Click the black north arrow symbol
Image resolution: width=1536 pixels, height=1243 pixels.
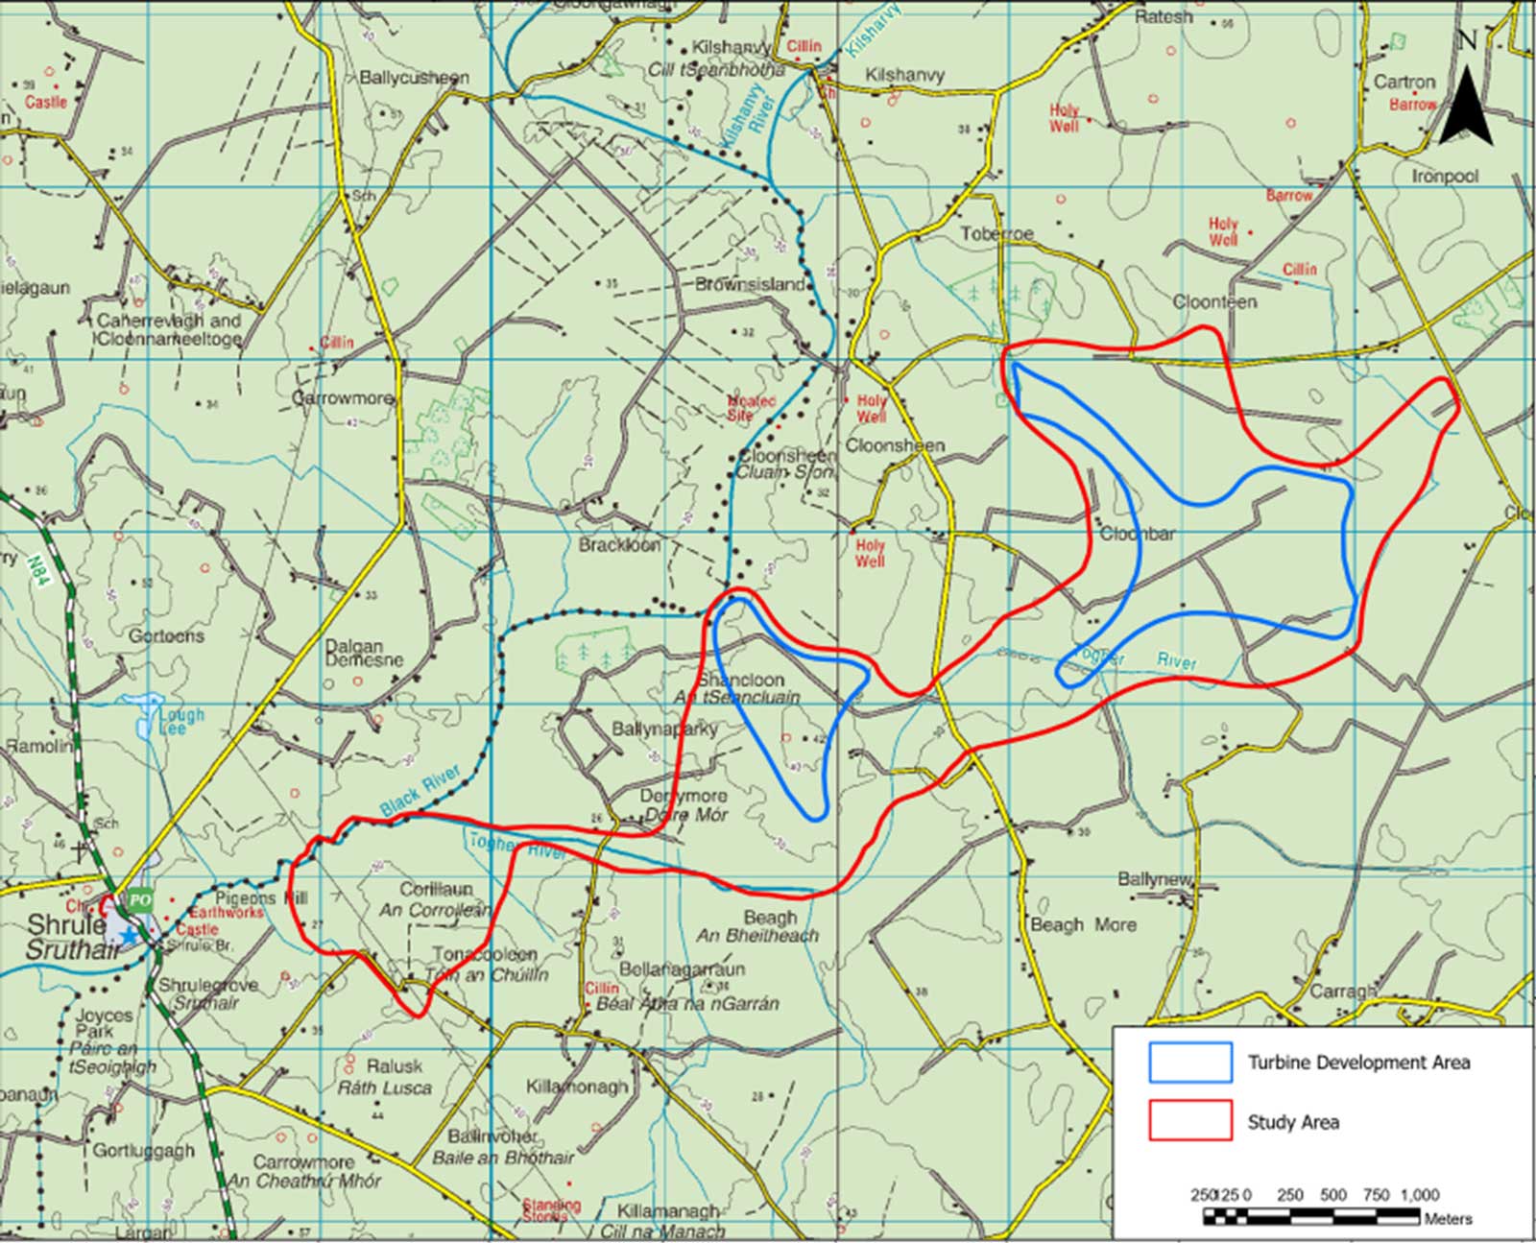coord(1466,108)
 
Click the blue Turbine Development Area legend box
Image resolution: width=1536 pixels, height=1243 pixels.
coord(1190,1062)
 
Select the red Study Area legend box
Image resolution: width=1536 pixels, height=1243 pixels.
coord(1190,1120)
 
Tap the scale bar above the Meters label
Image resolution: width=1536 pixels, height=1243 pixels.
coord(1311,1216)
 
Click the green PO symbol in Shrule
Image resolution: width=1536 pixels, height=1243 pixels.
coord(140,900)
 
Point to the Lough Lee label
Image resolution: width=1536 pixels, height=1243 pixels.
coord(180,721)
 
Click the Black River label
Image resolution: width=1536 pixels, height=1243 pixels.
coord(420,790)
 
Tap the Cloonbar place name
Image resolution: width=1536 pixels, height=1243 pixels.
coord(1138,534)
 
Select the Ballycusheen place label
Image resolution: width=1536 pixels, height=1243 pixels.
coord(414,78)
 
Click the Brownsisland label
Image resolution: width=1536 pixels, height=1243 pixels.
coord(750,284)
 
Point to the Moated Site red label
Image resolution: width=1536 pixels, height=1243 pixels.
coord(750,408)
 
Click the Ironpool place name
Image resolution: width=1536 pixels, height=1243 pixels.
coord(1445,177)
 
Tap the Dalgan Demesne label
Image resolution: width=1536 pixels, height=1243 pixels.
coord(363,653)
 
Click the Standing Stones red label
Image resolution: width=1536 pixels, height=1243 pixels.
coord(551,1209)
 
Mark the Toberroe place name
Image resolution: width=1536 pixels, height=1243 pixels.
coord(997,234)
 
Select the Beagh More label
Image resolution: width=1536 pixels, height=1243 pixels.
coord(1083,924)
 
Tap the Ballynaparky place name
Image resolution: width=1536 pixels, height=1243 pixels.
coord(664,729)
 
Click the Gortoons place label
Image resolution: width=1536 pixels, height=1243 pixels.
coord(166,635)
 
